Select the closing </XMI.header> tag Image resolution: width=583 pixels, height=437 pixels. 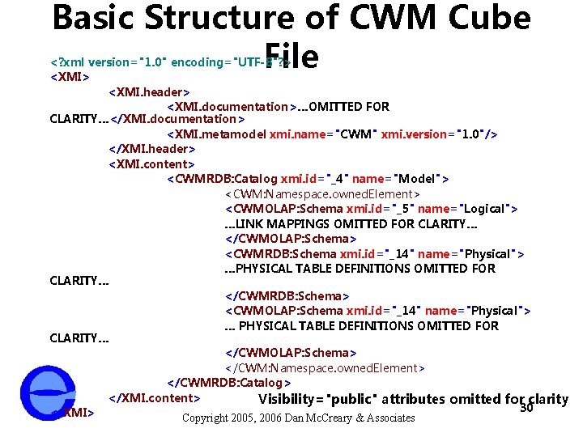(152, 149)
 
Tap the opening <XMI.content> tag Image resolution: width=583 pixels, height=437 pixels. (151, 163)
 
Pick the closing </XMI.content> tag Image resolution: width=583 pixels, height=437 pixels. (154, 397)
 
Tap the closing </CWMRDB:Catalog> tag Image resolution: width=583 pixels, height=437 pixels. (229, 382)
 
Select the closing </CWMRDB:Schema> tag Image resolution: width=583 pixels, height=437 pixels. (287, 296)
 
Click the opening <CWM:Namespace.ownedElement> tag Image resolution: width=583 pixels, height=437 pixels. (321, 193)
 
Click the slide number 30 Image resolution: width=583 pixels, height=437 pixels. (526, 407)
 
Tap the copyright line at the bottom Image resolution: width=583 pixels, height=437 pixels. (299, 418)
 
